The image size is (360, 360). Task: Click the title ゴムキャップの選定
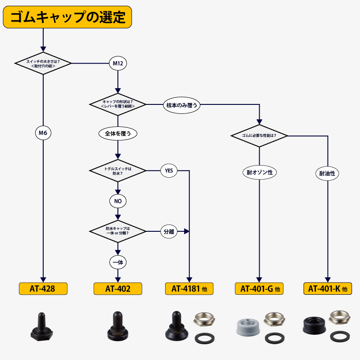coord(67,17)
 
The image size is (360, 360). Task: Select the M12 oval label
coord(117,63)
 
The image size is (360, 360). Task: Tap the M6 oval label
coord(43,133)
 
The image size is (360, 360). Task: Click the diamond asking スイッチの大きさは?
coord(43,63)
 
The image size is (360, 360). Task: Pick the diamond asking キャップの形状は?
coord(118,104)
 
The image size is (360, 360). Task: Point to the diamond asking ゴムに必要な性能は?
coord(259,135)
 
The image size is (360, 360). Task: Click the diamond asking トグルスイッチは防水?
coord(117,171)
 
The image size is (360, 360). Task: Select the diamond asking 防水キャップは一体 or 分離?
coord(117,231)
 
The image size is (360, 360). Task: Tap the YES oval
coord(169,171)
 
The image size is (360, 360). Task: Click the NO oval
coord(117,201)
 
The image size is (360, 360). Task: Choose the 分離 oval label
coord(169,232)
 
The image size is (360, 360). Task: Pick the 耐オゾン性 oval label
coord(260,172)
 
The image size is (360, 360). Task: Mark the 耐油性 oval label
coord(327,173)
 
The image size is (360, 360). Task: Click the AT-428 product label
coord(43,288)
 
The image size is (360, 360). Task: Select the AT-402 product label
coord(118,288)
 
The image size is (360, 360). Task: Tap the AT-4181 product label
coord(189,288)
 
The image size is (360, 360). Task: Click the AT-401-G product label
coord(260,288)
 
